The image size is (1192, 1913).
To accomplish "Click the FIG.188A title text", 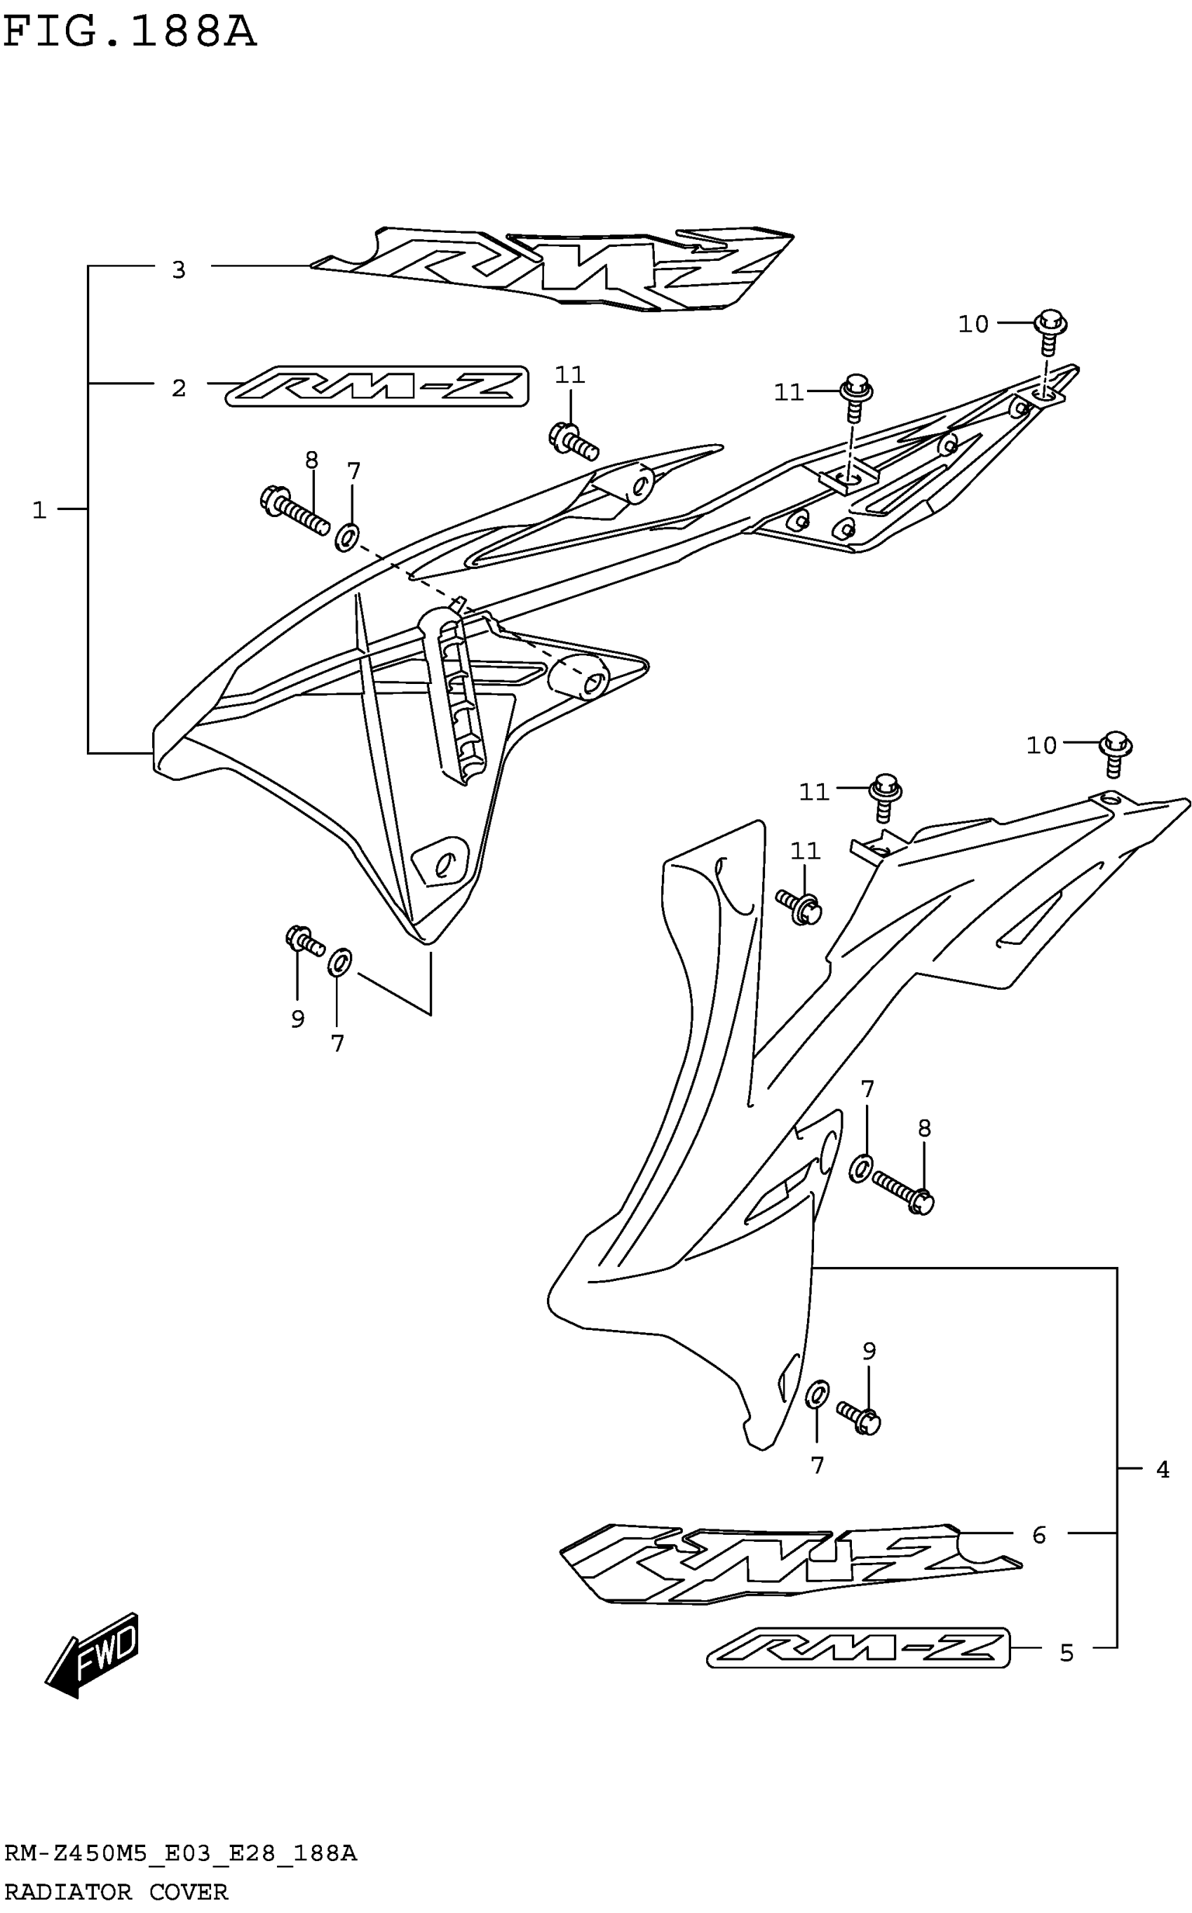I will point(130,33).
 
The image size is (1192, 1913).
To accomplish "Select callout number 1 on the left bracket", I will point(39,510).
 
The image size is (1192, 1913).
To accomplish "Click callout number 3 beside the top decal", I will point(179,269).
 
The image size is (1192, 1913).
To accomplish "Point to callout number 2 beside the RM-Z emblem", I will point(179,388).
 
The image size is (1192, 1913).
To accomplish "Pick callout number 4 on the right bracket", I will point(1162,1469).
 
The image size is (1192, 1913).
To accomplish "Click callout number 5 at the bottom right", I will point(1066,1653).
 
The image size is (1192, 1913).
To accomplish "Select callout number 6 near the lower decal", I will point(1038,1534).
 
